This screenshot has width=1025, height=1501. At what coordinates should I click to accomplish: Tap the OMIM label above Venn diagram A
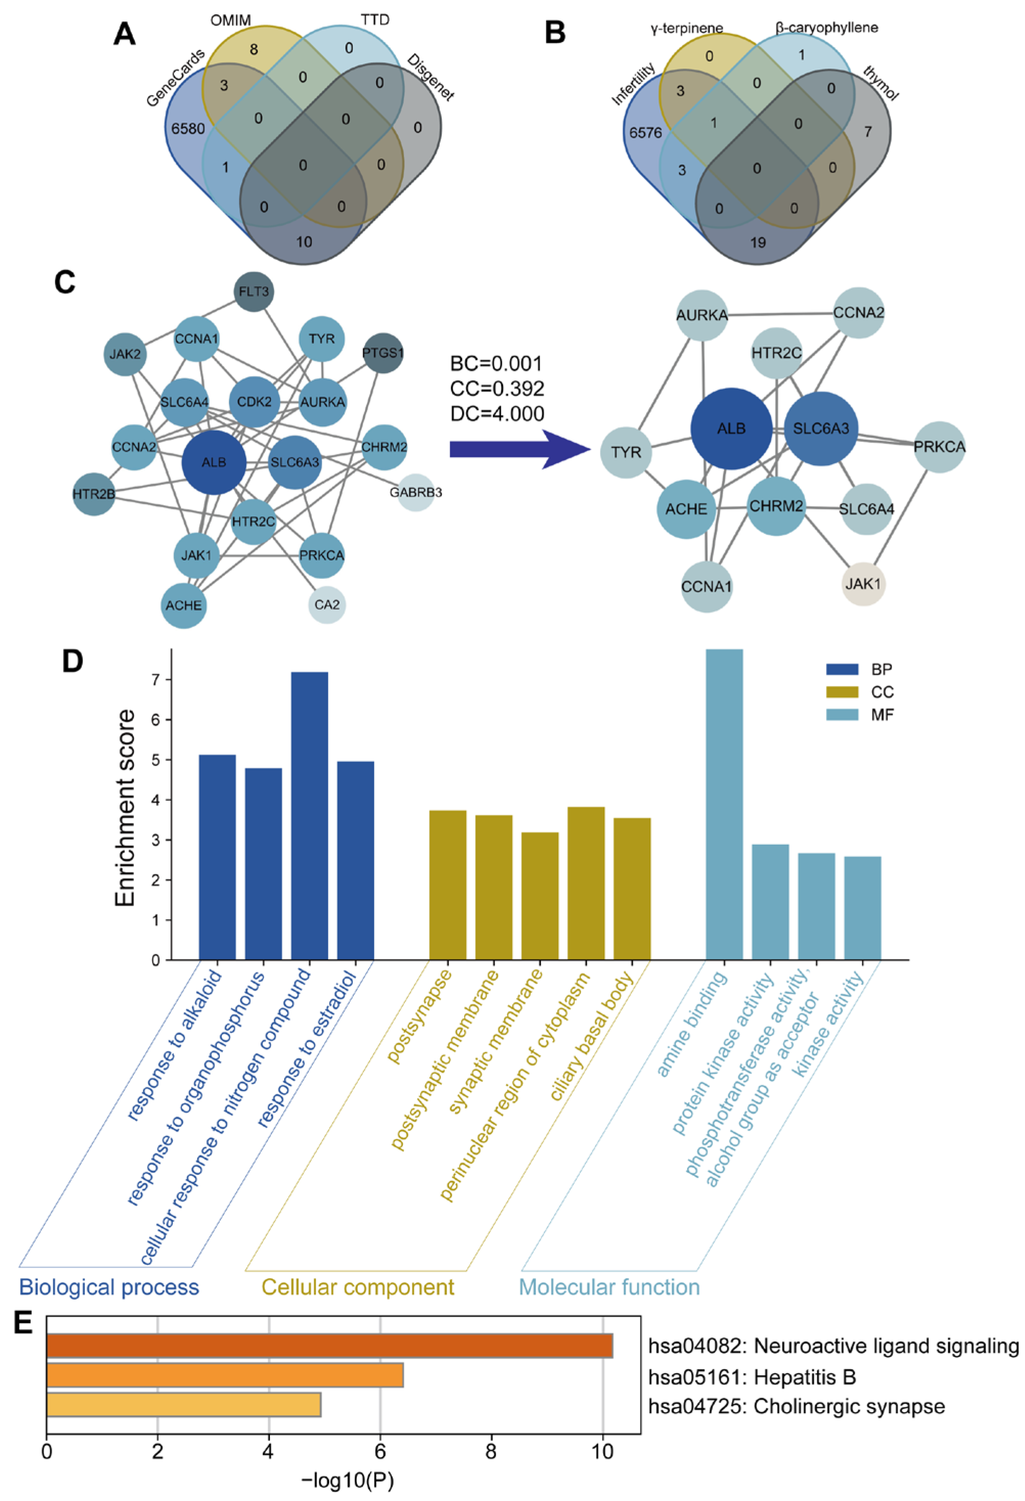point(231,20)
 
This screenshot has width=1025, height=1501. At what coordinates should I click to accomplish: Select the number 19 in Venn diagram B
point(758,242)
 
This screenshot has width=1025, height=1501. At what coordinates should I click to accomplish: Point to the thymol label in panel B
point(880,85)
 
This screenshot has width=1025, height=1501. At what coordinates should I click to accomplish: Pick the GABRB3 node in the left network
point(415,493)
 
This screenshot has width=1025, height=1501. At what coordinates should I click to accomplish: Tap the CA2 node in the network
point(326,605)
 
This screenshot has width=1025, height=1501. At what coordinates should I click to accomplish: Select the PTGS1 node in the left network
point(383,353)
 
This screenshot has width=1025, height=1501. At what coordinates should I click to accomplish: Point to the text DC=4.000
point(497,413)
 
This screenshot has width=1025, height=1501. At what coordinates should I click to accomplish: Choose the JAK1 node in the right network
point(863,584)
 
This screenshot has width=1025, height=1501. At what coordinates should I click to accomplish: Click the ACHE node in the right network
point(686,509)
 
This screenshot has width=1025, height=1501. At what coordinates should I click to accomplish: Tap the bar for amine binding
point(724,803)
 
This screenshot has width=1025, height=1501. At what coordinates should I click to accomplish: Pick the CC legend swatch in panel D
point(841,691)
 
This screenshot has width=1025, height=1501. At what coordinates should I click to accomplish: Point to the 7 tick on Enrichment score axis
point(155,679)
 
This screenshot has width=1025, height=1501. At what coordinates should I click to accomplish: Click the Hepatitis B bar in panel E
point(225,1375)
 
